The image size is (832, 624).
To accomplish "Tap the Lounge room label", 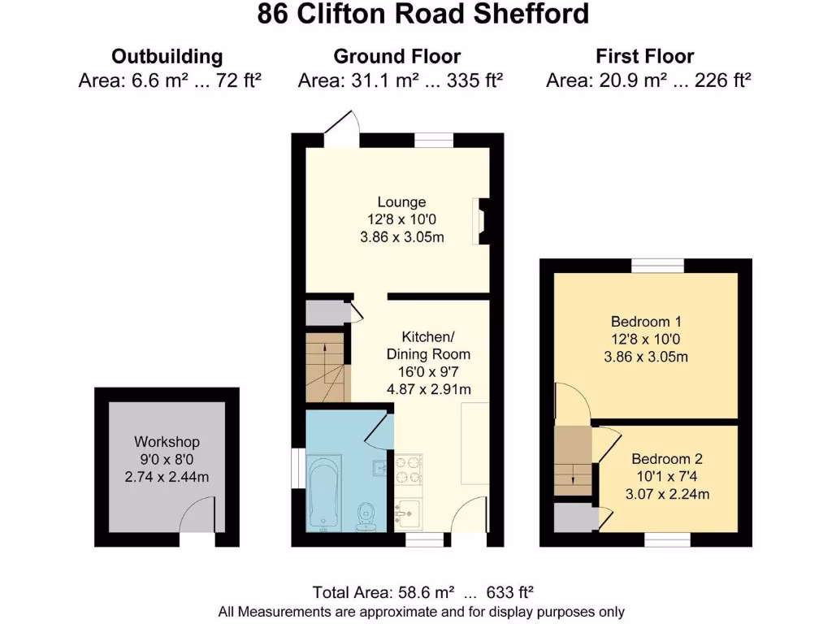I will coord(401,202).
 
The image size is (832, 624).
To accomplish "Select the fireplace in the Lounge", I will coord(483,221).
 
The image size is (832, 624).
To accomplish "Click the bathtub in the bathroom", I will coord(326,495).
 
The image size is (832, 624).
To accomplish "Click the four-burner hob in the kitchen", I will coord(409,469).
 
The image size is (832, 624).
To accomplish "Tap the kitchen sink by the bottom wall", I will coord(406,513).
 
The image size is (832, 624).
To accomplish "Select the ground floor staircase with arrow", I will coord(325,367).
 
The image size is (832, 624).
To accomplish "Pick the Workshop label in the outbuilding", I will coord(167,442).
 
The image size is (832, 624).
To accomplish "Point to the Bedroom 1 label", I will coord(645,322).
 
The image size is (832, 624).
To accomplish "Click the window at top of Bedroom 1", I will coord(657,265).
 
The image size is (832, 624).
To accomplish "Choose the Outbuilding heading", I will coord(167,57).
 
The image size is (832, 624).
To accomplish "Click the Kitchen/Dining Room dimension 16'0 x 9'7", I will coord(428,372).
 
